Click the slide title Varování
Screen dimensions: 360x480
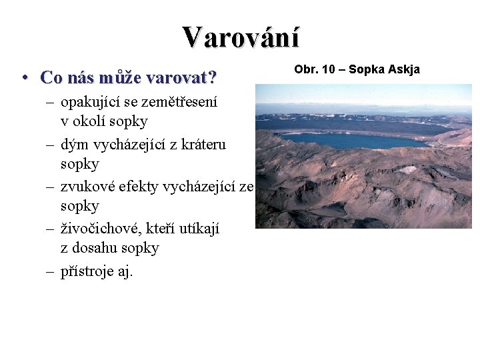tap(241, 37)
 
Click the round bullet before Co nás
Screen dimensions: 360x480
tap(24, 78)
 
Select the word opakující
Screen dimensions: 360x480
tap(90, 103)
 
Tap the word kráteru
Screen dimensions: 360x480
tap(201, 145)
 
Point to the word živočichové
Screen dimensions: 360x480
tap(99, 229)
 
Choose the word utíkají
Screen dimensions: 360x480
tap(197, 229)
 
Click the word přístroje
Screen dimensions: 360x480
tap(87, 271)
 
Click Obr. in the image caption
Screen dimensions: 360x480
tap(305, 69)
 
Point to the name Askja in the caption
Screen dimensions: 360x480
tap(403, 69)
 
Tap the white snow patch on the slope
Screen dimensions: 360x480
tap(407, 170)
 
